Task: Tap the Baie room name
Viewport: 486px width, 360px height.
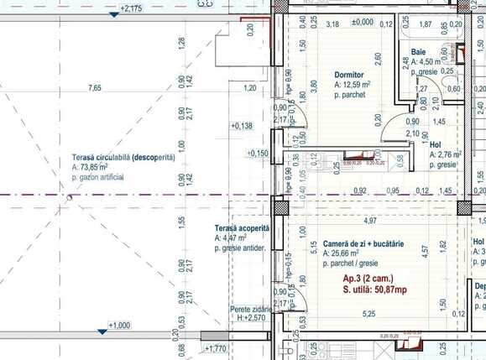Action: point(419,52)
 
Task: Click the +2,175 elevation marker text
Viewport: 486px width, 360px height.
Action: point(130,8)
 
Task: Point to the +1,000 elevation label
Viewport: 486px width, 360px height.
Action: point(121,325)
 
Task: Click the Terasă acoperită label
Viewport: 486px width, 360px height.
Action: point(241,228)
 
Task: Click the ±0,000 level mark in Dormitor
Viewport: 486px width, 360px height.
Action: point(363,23)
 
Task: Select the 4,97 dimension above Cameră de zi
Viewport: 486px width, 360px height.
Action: point(369,221)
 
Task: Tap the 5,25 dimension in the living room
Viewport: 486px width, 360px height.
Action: point(368,314)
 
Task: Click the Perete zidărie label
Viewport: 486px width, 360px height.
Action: point(251,310)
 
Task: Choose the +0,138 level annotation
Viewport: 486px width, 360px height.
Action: point(241,126)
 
